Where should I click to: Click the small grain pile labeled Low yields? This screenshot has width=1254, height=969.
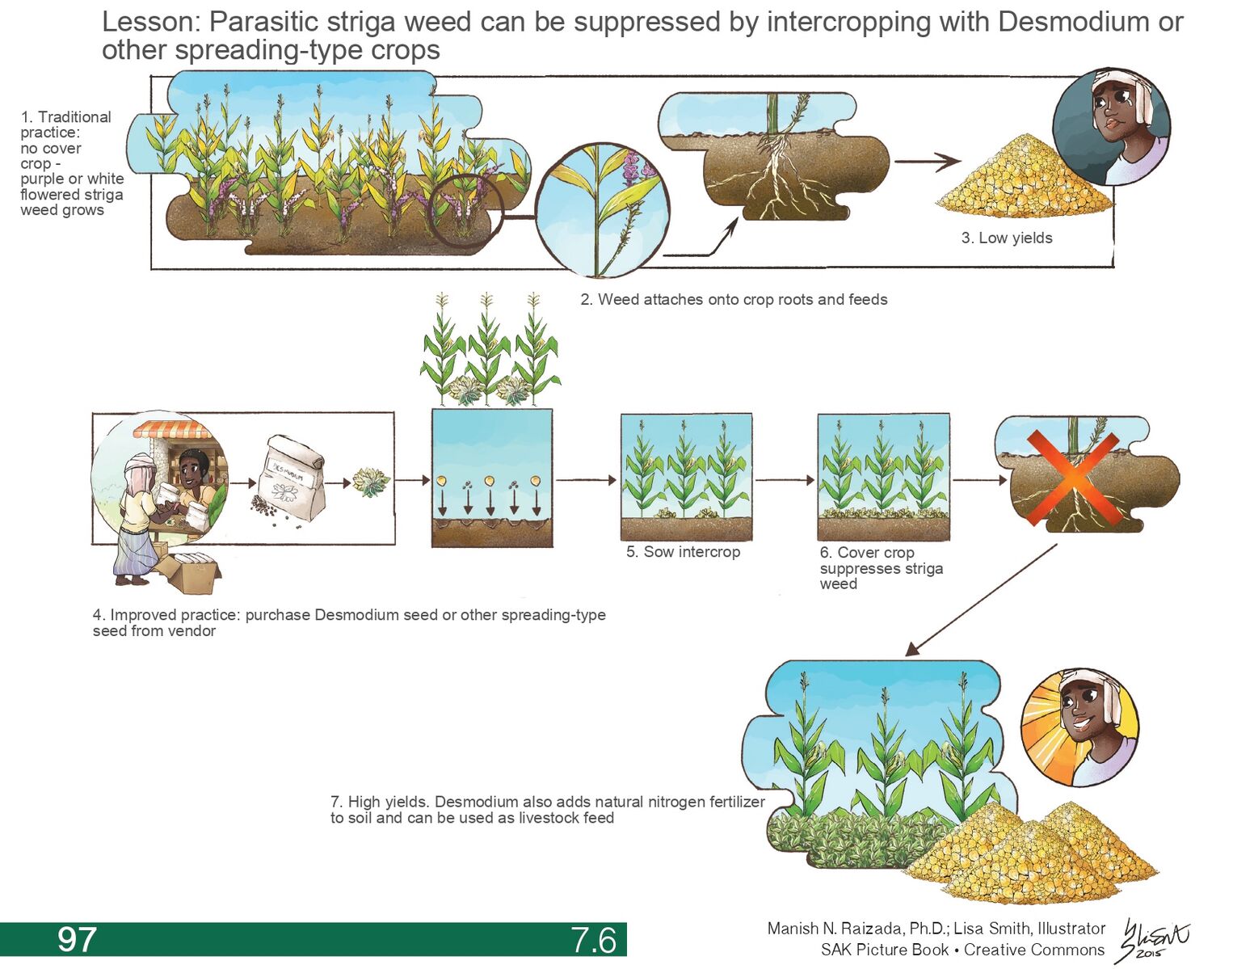[1023, 182]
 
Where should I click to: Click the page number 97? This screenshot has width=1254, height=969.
[77, 940]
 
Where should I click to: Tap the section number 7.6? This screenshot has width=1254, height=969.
[593, 940]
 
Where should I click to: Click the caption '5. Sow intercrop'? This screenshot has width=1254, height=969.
[683, 552]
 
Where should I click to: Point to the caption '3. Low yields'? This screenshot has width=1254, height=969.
[1007, 238]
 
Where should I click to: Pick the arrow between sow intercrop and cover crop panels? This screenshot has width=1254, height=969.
[784, 480]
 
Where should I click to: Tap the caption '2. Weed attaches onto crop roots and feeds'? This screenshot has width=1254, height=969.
[733, 300]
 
